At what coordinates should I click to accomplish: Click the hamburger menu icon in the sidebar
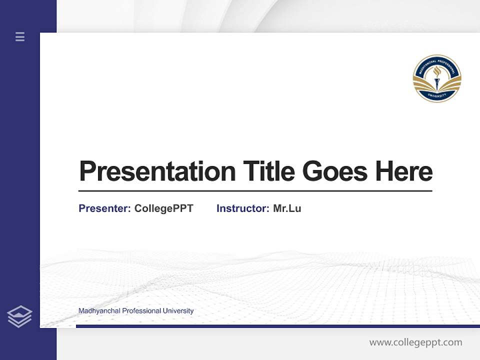click(20, 36)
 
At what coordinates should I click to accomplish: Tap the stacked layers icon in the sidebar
click(19, 316)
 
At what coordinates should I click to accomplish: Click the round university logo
click(437, 78)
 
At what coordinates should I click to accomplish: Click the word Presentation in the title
click(157, 171)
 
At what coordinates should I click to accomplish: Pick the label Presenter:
click(104, 208)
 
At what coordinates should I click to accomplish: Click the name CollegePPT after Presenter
click(163, 208)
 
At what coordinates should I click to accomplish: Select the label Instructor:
click(242, 208)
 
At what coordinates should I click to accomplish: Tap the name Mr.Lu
click(287, 208)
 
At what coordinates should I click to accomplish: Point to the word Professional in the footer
click(141, 311)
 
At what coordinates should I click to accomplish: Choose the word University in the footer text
click(178, 311)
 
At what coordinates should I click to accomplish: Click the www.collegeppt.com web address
click(415, 342)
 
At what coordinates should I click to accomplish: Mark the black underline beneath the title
click(255, 190)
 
